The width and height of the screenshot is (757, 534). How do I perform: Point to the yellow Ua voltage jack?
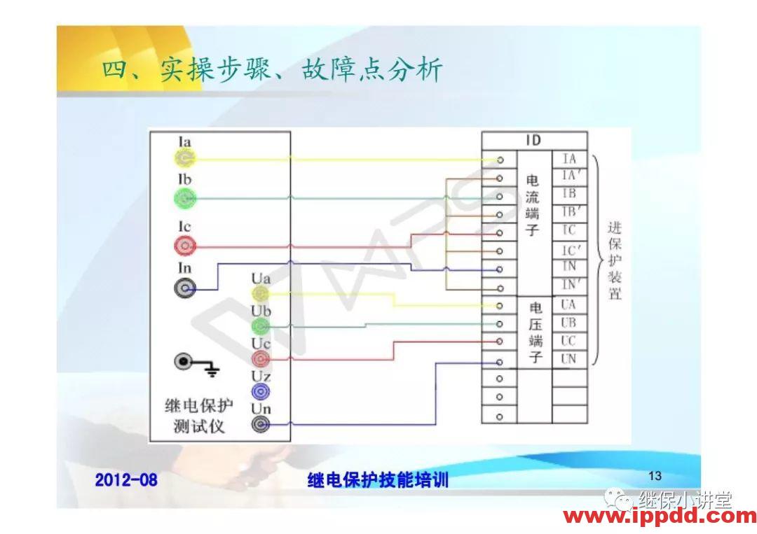point(260,293)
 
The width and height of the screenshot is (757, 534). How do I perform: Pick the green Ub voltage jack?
point(260,325)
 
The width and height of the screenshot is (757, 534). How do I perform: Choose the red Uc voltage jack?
point(260,358)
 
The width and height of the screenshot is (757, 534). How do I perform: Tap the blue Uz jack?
point(260,391)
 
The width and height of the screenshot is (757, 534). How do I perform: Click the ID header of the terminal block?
point(533,141)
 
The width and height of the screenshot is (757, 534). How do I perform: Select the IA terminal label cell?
point(569,159)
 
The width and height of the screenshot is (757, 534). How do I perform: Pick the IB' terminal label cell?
point(569,213)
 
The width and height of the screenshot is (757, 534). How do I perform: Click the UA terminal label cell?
point(569,304)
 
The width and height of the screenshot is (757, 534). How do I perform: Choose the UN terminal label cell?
point(569,359)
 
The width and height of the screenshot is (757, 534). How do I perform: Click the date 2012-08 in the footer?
point(126,479)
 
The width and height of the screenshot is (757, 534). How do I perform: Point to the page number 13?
point(655,477)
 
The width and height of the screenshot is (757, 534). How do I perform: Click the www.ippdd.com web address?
point(660,517)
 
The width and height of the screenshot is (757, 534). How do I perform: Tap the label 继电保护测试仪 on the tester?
point(199,416)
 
